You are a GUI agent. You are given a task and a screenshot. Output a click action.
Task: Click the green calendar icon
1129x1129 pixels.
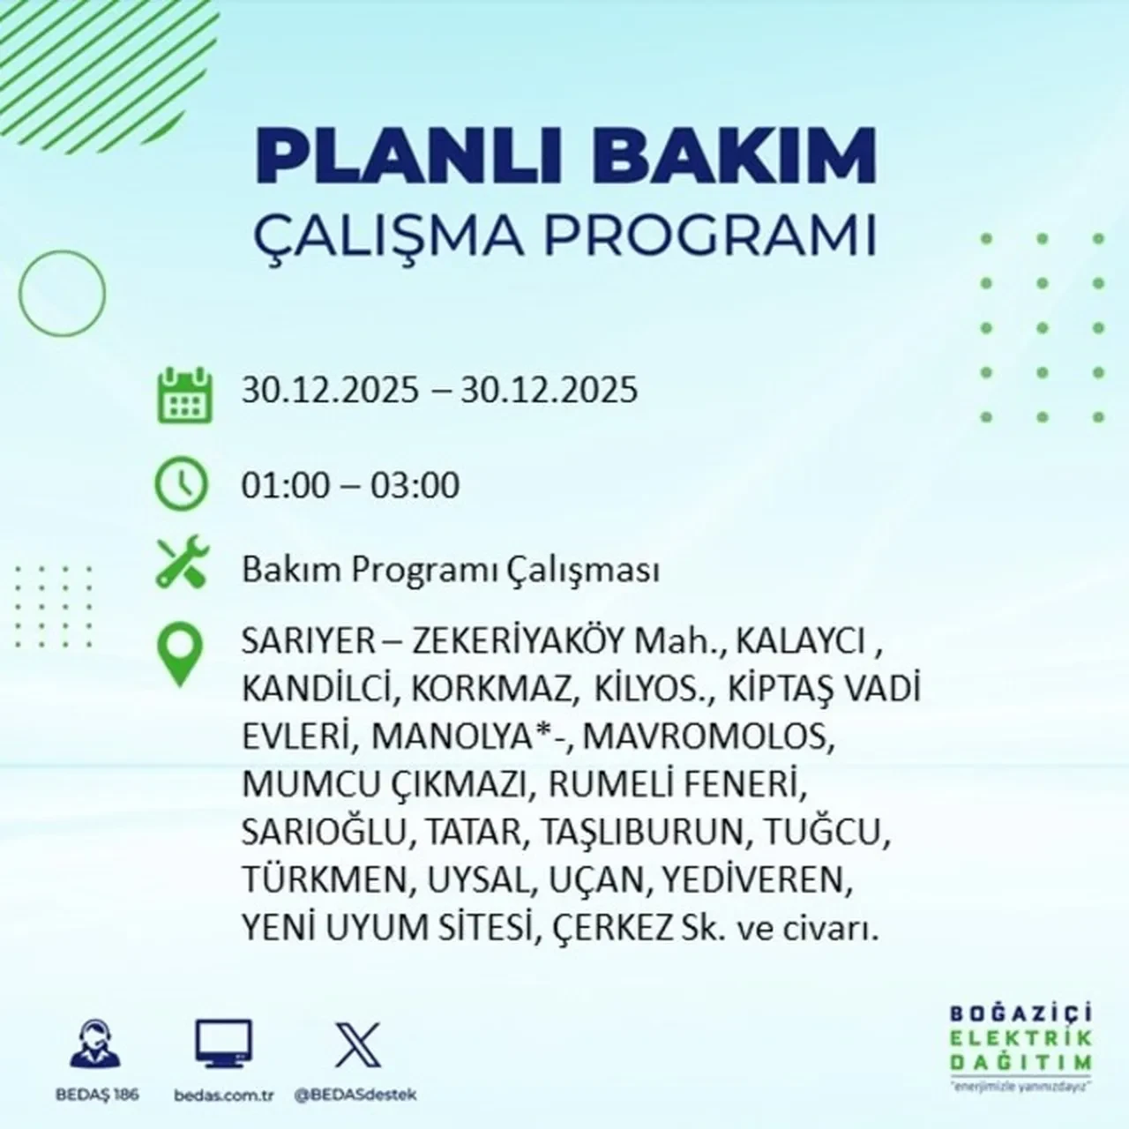[184, 394]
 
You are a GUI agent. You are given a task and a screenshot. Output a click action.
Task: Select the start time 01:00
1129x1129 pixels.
[285, 486]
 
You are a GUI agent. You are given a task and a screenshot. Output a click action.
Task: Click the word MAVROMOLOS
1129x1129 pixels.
[707, 736]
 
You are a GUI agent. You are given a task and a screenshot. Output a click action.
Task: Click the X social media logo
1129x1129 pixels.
[358, 1045]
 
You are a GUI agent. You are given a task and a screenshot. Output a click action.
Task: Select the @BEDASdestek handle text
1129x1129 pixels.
[355, 1095]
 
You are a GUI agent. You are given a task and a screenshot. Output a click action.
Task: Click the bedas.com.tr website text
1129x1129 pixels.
[225, 1095]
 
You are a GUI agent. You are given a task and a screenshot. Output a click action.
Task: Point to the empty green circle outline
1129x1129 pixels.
[62, 293]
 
